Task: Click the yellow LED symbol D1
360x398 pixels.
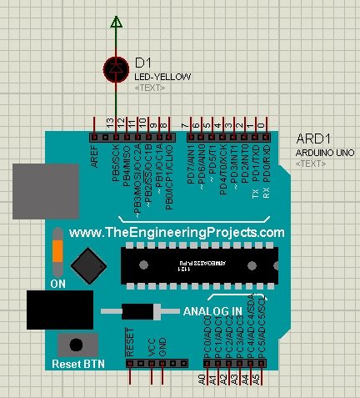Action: click(117, 68)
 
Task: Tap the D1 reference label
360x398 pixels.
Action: click(142, 63)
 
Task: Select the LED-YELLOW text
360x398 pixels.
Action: click(162, 77)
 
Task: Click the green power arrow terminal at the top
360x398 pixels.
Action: click(117, 23)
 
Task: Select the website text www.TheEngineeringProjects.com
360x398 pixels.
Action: click(176, 233)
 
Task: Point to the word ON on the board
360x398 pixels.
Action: click(58, 284)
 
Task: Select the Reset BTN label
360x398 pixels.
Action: click(77, 365)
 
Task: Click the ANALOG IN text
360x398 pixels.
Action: click(212, 310)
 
